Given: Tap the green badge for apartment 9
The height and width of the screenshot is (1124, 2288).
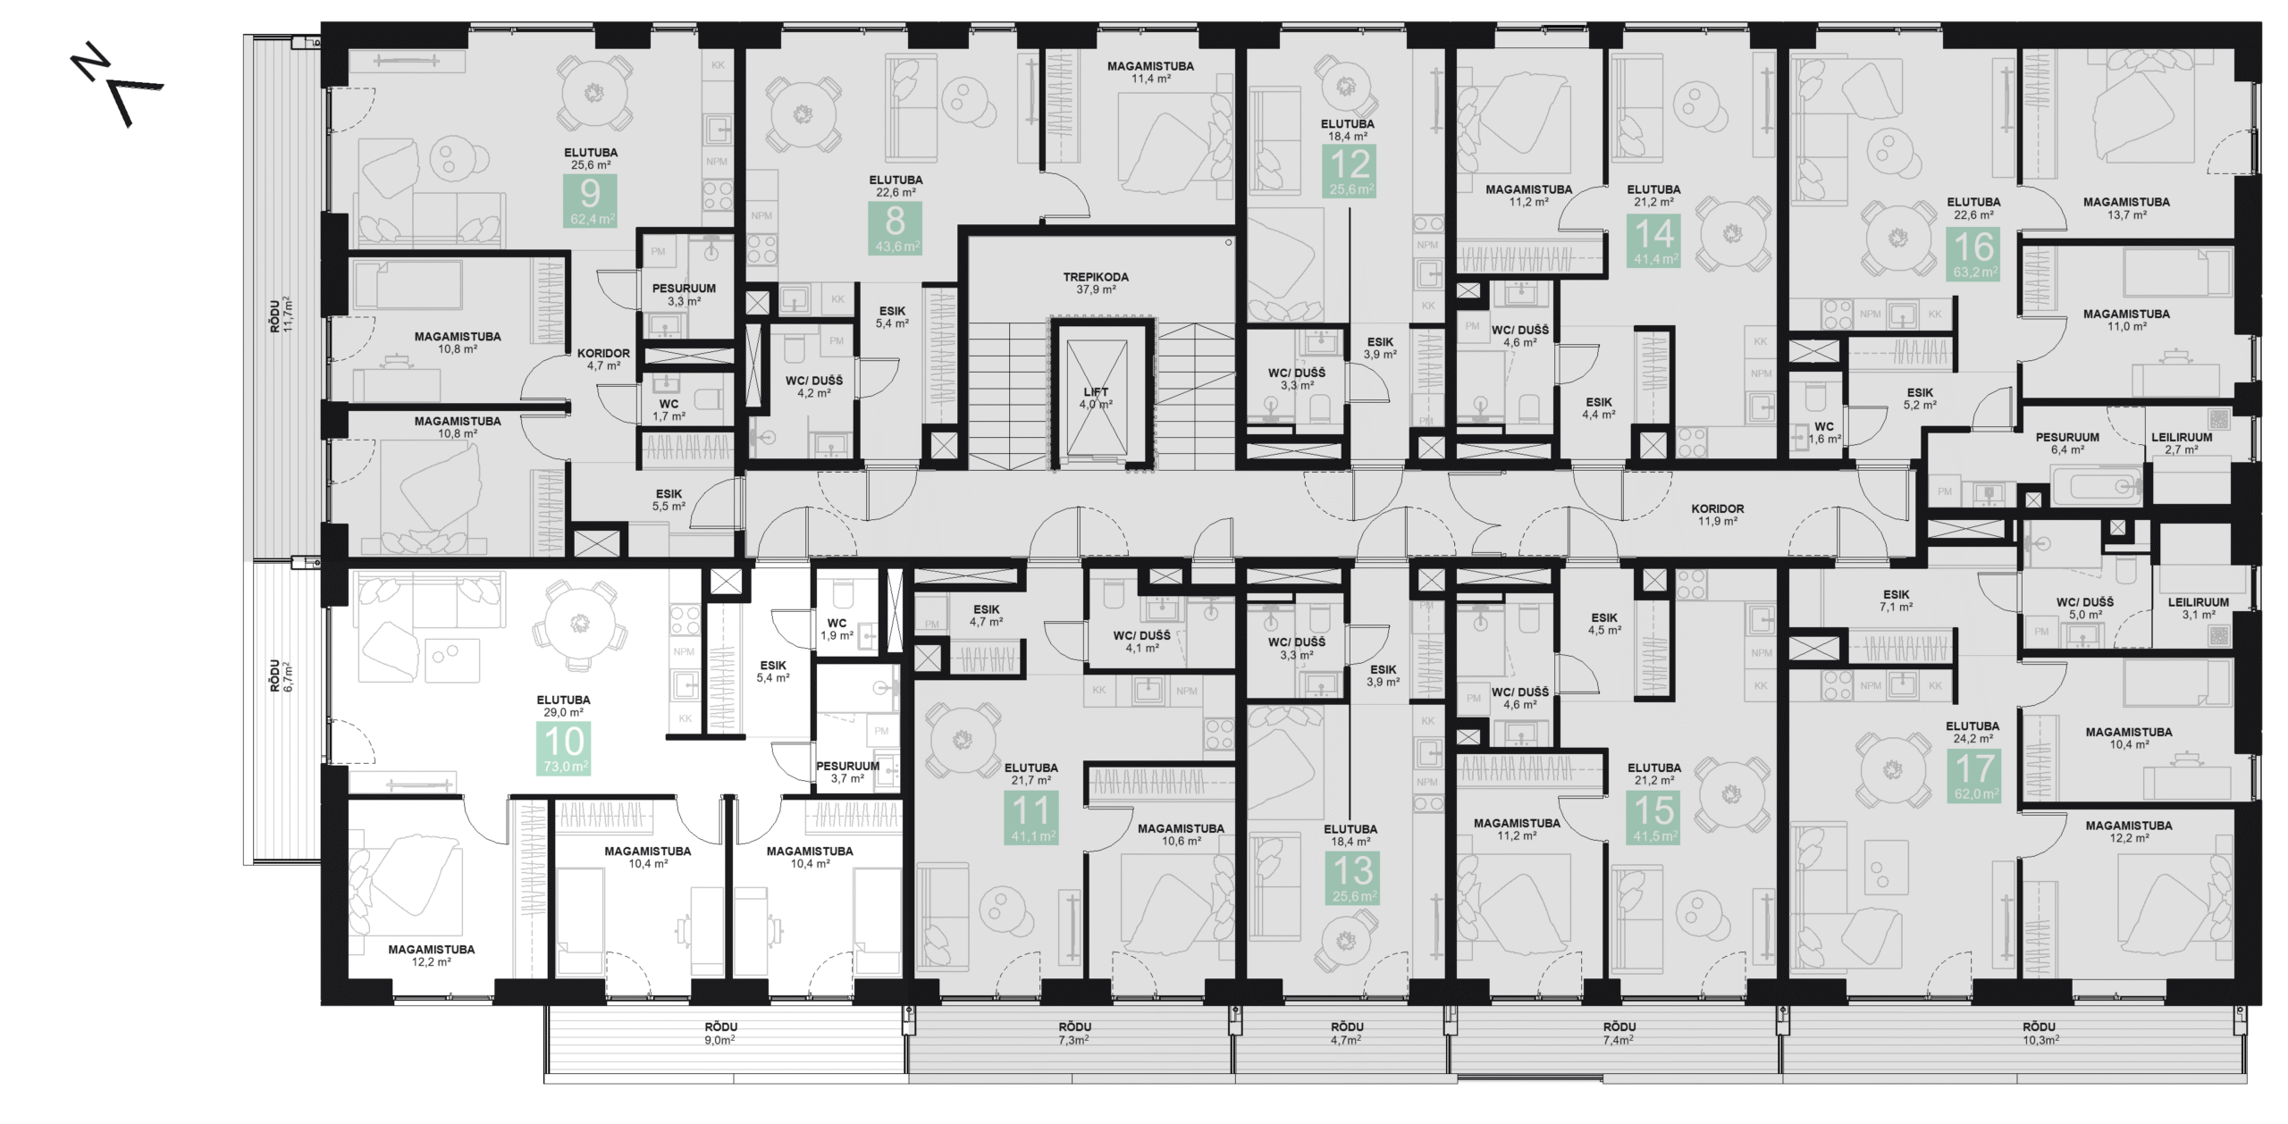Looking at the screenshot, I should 590,201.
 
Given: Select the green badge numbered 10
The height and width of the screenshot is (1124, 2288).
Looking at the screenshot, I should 564,749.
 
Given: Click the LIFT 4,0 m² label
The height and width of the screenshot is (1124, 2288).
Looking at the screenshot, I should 1096,398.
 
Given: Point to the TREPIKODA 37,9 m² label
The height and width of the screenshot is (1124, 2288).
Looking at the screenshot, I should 1096,283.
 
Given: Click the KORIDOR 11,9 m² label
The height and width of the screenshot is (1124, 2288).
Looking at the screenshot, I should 1717,515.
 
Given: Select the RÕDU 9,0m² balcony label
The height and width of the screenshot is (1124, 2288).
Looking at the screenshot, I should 720,1034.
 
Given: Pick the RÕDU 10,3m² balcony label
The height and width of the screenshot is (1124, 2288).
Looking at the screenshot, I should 2040,1034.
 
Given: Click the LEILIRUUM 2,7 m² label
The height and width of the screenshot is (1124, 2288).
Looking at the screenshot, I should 2182,443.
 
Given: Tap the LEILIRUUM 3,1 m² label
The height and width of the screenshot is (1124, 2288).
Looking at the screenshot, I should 2198,608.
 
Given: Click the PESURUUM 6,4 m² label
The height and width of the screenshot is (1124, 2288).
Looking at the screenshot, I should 2067,443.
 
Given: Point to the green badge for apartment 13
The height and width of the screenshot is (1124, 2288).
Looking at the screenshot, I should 1353,878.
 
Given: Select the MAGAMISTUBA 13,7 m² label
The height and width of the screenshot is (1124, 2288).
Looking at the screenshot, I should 2126,208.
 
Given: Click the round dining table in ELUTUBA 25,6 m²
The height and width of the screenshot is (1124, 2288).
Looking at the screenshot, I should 593,93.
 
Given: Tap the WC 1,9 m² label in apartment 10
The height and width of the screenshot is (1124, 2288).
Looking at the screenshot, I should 837,629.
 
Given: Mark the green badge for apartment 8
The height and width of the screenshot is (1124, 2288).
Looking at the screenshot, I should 895,228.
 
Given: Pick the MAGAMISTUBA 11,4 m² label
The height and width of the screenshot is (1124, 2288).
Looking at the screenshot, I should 1150,72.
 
